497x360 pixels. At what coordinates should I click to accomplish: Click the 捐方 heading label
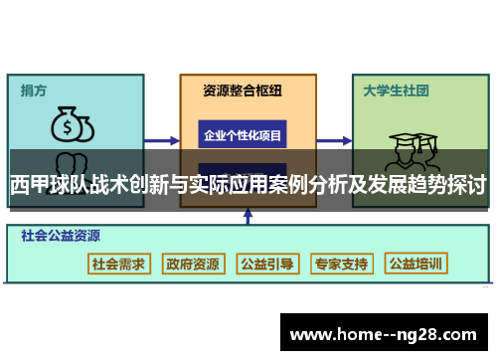coord(35,90)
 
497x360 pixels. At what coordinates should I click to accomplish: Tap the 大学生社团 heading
coord(396,90)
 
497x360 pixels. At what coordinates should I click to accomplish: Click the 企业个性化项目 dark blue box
coord(243,134)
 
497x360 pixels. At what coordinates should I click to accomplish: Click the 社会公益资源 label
coord(61,237)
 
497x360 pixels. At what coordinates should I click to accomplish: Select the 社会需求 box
coord(118,264)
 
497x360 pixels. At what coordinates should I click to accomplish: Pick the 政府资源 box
coord(192,264)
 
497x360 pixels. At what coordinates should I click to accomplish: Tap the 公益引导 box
coord(265,264)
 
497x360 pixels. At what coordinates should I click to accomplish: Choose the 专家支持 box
coord(340,264)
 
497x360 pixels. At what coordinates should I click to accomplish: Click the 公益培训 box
coord(415,264)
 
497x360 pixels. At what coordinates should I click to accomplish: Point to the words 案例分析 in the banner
coord(307,185)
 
